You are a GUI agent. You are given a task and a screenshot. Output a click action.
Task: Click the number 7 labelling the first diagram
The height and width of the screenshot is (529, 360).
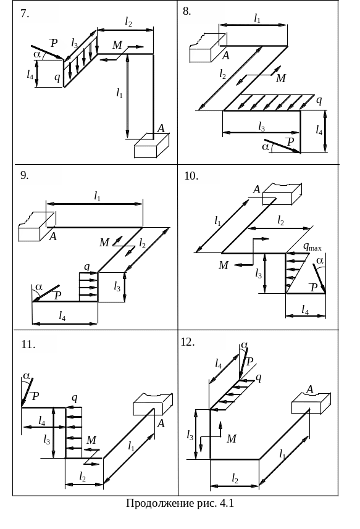pyautogui.click(x=25, y=14)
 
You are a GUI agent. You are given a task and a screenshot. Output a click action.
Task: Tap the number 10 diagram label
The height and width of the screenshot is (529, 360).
pyautogui.click(x=191, y=176)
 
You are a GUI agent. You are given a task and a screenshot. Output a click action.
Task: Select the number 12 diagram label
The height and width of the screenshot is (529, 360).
pyautogui.click(x=188, y=342)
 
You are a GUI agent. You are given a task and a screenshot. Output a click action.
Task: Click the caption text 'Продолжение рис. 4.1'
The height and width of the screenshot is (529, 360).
pyautogui.click(x=180, y=503)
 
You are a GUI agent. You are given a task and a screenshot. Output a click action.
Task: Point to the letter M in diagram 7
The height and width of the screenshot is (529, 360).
pyautogui.click(x=117, y=45)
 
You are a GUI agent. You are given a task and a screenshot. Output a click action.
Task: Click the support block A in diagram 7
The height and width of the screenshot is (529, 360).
pyautogui.click(x=151, y=146)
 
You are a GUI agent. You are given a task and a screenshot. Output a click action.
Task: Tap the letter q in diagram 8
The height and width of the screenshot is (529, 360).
pyautogui.click(x=319, y=100)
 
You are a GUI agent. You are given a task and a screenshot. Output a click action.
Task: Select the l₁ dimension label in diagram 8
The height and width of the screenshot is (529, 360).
pyautogui.click(x=257, y=19)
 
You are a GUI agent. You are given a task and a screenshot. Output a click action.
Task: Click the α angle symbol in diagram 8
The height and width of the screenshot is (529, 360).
pyautogui.click(x=266, y=147)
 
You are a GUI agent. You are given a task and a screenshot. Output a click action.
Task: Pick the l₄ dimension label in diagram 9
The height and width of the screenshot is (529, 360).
pyautogui.click(x=62, y=316)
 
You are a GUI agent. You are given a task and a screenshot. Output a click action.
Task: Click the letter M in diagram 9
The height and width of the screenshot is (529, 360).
pyautogui.click(x=104, y=242)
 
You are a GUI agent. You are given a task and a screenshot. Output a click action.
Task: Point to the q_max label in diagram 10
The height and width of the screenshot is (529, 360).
pyautogui.click(x=312, y=247)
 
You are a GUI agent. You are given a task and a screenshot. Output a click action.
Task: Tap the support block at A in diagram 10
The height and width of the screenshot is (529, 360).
pyautogui.click(x=282, y=194)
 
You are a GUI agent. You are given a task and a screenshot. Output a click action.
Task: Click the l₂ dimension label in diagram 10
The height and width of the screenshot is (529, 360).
pyautogui.click(x=281, y=221)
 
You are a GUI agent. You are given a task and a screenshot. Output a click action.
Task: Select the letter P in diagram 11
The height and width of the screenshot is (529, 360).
pyautogui.click(x=35, y=396)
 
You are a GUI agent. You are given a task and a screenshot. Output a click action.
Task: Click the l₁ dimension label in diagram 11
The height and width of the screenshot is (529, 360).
pyautogui.click(x=132, y=447)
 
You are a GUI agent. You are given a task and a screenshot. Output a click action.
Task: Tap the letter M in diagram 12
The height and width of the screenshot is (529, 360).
pyautogui.click(x=232, y=439)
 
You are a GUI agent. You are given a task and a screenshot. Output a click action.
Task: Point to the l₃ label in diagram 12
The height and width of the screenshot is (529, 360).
pyautogui.click(x=190, y=436)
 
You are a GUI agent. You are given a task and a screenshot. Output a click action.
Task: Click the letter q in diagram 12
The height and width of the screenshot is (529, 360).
pyautogui.click(x=259, y=378)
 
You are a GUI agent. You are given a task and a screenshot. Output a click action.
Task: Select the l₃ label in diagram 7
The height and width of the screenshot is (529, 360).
pyautogui.click(x=75, y=43)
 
